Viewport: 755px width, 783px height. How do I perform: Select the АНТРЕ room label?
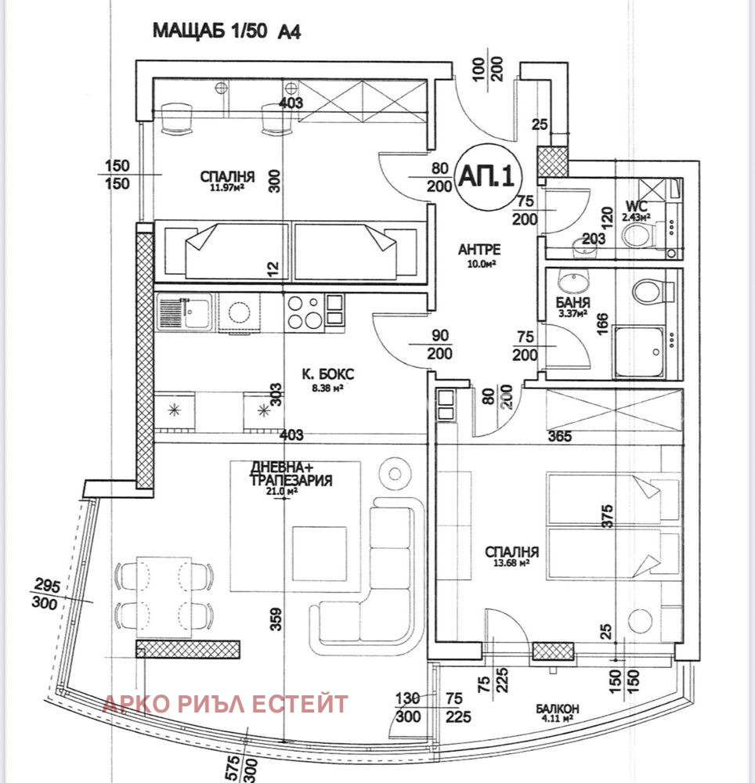[479, 250]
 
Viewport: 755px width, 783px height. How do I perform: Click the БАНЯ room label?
[574, 302]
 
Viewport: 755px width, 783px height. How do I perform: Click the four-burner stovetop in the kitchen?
[304, 311]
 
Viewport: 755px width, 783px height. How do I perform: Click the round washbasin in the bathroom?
[569, 279]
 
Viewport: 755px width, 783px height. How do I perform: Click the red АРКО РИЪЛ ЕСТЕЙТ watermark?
[226, 704]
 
